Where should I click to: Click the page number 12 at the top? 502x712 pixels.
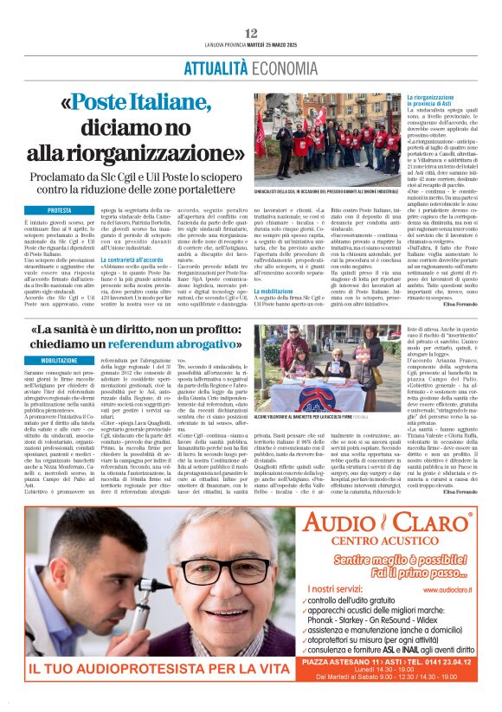251,33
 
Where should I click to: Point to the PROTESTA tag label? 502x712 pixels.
60,210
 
